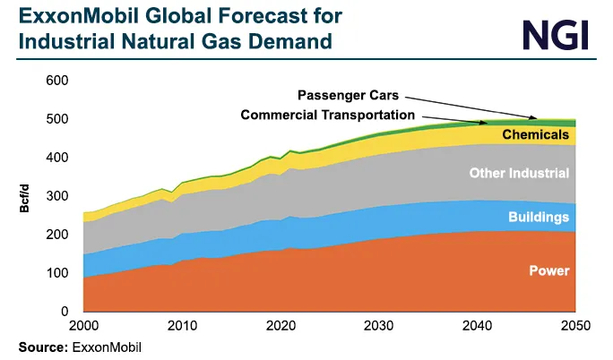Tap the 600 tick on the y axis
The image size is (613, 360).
click(56, 81)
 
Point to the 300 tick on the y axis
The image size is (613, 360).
click(56, 196)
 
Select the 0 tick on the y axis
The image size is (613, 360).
click(64, 312)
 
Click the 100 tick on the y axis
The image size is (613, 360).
click(56, 273)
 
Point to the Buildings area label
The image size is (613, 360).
click(539, 217)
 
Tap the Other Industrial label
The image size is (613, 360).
click(520, 173)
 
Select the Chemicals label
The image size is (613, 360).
click(535, 135)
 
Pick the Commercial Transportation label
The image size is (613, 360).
click(327, 115)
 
